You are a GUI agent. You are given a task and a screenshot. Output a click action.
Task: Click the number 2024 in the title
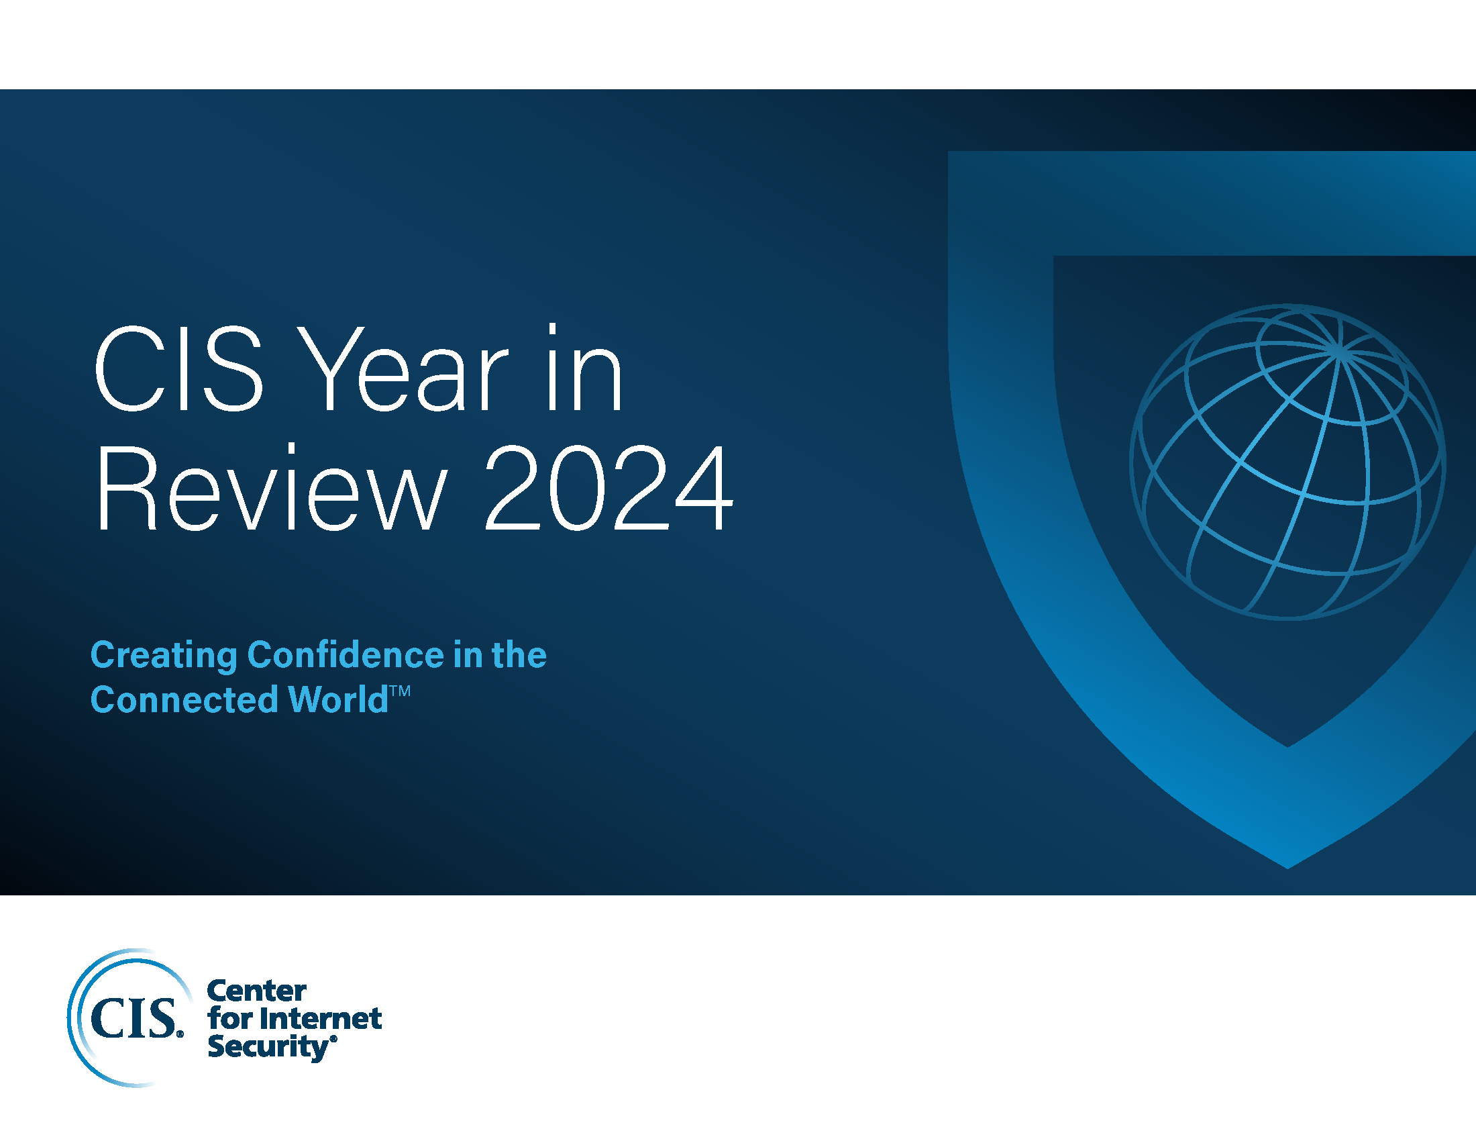(x=609, y=488)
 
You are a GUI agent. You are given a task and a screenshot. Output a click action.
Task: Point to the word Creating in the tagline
(x=164, y=656)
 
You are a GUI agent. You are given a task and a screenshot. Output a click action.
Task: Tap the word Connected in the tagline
(x=184, y=699)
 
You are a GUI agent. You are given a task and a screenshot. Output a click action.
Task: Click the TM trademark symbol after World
(x=400, y=691)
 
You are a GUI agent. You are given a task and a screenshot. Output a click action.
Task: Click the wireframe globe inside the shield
(x=1287, y=462)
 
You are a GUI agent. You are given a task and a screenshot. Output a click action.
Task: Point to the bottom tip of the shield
(x=1287, y=866)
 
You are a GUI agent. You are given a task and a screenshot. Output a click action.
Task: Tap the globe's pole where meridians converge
(x=1338, y=350)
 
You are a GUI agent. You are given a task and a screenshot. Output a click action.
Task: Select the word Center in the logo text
(x=257, y=991)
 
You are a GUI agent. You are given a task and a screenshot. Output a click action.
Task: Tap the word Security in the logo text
(x=268, y=1047)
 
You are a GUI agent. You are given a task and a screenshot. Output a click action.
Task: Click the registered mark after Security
(x=333, y=1039)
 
